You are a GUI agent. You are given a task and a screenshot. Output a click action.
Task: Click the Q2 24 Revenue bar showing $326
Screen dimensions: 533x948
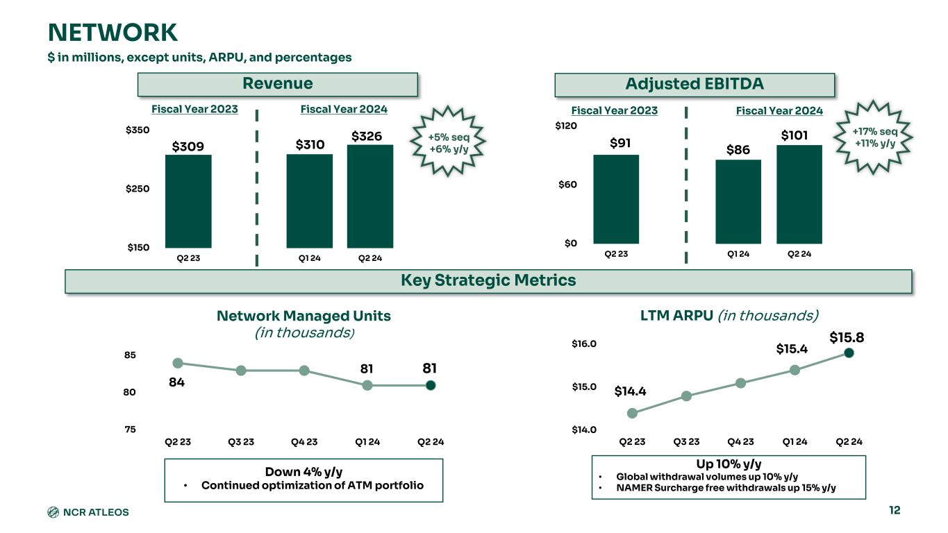click(370, 196)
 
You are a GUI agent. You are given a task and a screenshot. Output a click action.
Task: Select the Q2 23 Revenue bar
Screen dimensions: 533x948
click(188, 201)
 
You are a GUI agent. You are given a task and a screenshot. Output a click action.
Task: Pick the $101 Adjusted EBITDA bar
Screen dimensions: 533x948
click(799, 194)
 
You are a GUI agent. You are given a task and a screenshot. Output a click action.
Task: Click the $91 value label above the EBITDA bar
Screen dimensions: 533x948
click(620, 143)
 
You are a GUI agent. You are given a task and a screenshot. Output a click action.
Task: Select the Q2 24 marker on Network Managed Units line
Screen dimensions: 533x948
click(431, 385)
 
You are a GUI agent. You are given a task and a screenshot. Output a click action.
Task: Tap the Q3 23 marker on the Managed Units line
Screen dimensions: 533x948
click(241, 371)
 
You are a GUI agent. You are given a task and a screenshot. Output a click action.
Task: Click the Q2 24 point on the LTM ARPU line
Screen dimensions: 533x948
click(849, 353)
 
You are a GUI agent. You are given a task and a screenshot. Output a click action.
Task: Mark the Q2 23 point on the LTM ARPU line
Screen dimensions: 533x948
click(632, 413)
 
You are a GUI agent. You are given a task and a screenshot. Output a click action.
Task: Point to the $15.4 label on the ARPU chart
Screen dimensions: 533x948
click(792, 349)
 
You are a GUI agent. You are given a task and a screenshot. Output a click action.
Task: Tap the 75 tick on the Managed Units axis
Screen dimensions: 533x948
click(130, 430)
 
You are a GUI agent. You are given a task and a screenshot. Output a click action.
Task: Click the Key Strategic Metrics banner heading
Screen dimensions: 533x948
click(488, 280)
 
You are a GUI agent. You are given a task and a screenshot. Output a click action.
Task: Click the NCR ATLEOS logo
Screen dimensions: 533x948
click(88, 512)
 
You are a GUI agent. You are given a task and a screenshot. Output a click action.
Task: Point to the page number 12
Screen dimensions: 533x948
click(894, 511)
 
